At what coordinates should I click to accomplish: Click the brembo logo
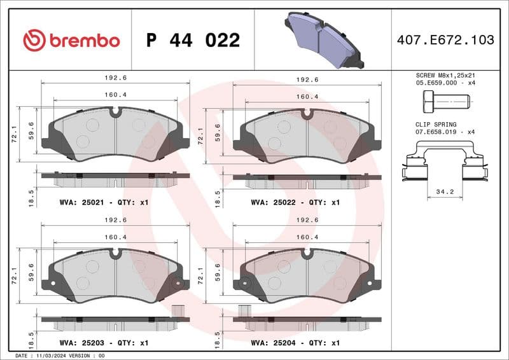click(71, 40)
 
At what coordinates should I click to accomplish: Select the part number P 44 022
click(193, 40)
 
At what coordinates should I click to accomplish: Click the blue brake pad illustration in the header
click(324, 39)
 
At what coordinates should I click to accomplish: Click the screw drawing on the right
click(445, 100)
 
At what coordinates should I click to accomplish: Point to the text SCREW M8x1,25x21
click(445, 74)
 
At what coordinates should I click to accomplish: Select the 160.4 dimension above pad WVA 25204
click(307, 237)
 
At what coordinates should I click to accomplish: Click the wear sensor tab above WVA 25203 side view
click(179, 311)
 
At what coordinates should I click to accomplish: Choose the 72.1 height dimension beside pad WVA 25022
click(201, 136)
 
